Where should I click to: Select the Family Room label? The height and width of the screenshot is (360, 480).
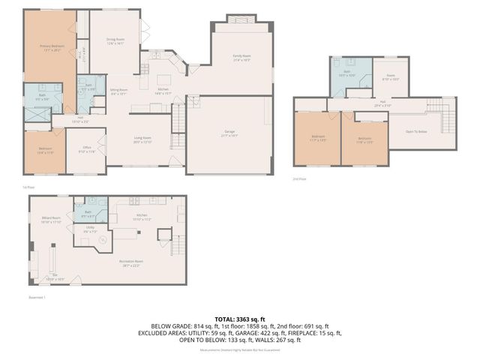(x=241, y=58)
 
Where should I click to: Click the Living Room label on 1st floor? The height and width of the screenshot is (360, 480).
(x=142, y=139)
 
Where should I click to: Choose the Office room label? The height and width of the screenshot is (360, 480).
(x=87, y=149)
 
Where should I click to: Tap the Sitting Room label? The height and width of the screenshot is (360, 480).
(x=119, y=91)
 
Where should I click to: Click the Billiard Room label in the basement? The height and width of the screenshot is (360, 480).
(x=50, y=220)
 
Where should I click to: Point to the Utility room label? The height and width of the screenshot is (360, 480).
(x=89, y=229)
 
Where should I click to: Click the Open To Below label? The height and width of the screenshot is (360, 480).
(x=417, y=130)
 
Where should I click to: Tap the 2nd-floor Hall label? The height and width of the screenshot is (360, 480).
(x=382, y=103)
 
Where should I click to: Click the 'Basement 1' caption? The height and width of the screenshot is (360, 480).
(x=38, y=298)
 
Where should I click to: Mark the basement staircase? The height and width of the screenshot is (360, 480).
(x=178, y=246)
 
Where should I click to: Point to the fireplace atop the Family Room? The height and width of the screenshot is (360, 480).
(x=241, y=18)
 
